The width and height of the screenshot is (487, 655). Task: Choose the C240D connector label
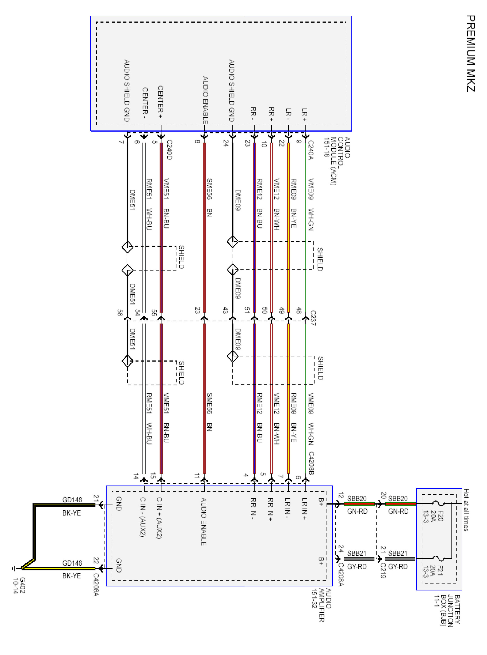[x=169, y=150]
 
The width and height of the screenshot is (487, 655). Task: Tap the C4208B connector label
[x=311, y=463]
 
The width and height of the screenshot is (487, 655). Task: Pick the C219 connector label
[x=383, y=571]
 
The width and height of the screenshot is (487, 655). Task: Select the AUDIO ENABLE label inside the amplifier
[x=203, y=521]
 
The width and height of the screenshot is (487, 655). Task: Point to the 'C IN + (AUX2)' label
[x=159, y=518]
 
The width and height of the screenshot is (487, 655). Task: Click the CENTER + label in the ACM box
[x=160, y=102]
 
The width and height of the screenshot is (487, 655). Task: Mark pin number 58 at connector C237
[x=120, y=313]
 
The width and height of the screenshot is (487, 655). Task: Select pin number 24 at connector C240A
[x=226, y=143]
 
